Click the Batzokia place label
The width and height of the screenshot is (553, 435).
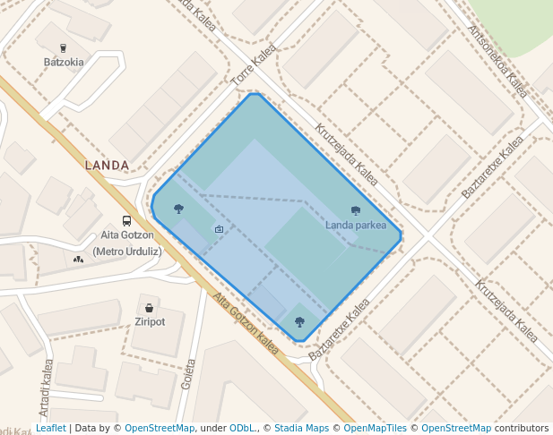64,62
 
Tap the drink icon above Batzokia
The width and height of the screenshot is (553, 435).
64,47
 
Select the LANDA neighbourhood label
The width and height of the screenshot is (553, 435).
107,166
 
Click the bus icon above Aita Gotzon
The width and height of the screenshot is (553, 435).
126,220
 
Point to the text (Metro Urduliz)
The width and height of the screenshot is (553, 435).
127,251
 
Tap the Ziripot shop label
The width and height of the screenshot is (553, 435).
150,321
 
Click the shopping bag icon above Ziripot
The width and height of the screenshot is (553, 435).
150,307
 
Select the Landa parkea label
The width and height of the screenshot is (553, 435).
356,225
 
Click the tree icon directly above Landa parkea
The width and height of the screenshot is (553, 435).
356,210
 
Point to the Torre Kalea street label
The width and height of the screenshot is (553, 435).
255,66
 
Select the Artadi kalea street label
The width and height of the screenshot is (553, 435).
46,384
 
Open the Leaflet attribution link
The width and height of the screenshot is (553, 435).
50,429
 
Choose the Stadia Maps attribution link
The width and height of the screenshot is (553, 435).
301,429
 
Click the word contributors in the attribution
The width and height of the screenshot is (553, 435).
522,429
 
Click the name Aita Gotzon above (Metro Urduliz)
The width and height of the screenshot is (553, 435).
127,235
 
